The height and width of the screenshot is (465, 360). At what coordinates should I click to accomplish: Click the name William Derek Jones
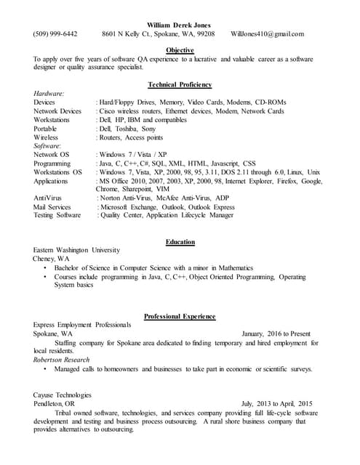(x=179, y=25)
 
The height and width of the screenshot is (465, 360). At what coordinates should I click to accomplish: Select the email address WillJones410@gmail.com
(x=267, y=33)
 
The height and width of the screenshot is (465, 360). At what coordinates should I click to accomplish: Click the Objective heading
(x=179, y=49)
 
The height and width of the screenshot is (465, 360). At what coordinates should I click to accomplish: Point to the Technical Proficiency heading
(x=179, y=84)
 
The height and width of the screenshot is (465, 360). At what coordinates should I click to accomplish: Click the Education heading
(x=180, y=241)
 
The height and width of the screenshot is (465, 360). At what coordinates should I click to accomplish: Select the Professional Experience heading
(x=179, y=316)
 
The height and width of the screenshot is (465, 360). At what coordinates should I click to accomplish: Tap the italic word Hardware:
(x=49, y=94)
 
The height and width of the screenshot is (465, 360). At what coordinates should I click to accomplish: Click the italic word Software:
(x=48, y=146)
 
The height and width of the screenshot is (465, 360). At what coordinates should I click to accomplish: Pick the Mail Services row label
(x=52, y=207)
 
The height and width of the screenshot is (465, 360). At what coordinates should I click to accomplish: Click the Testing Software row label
(x=57, y=215)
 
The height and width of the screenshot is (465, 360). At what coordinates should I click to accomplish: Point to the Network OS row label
(x=51, y=155)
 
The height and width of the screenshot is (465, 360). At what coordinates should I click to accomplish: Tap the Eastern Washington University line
(x=76, y=250)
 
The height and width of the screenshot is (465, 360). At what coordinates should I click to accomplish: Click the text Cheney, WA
(x=51, y=259)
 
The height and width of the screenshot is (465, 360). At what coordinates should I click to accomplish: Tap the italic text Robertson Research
(x=62, y=360)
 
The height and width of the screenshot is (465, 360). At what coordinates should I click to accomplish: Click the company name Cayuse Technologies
(x=63, y=395)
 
